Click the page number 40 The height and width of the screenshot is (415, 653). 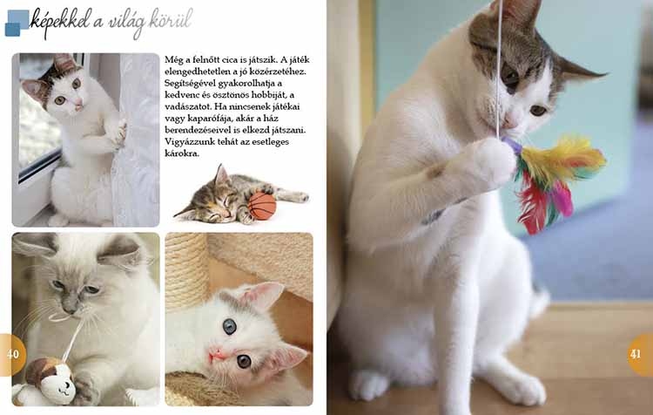13,354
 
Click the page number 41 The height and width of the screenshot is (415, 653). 636,354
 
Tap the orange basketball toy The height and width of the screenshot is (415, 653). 262,206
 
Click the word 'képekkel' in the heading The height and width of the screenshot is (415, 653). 61,21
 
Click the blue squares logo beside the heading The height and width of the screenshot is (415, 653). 17,23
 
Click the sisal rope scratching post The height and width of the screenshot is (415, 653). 186,266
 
